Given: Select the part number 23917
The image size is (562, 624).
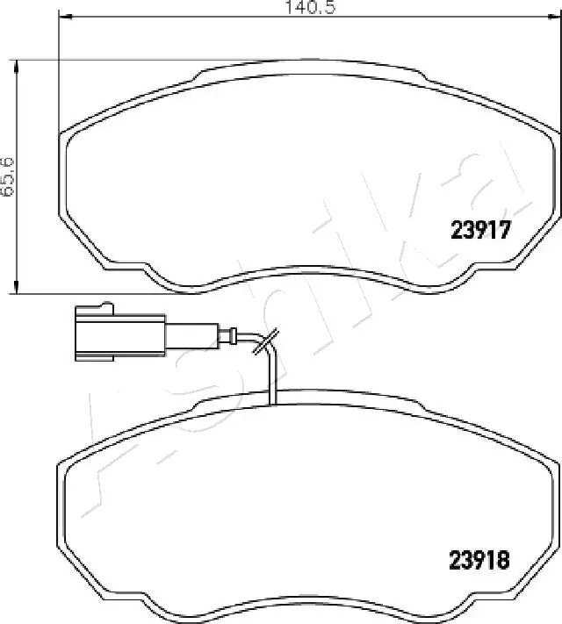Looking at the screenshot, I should (x=480, y=231).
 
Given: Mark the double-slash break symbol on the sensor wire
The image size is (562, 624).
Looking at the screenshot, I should (x=265, y=341).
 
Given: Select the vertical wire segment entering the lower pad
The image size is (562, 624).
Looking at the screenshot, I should (x=274, y=377).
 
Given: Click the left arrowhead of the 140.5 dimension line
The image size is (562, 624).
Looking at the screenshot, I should (x=61, y=18).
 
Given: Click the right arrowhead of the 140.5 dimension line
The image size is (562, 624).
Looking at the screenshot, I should (x=558, y=18).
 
